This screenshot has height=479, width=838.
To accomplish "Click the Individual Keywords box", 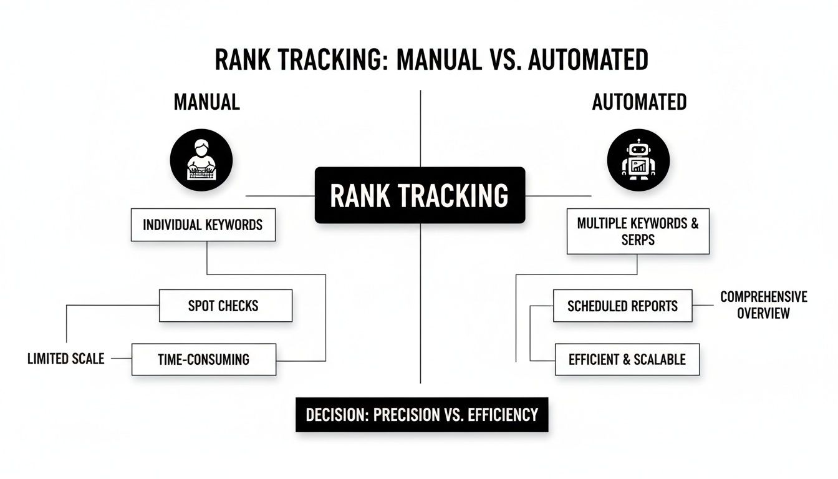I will pos(203,225).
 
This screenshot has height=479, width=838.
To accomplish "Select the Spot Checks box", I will pos(225,306).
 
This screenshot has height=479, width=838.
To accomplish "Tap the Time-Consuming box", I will pos(203,359).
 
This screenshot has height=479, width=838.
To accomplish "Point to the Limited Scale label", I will pos(66,359).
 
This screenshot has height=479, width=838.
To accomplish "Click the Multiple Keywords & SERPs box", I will pos(637,231).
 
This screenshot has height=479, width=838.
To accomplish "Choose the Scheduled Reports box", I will pos(622,306).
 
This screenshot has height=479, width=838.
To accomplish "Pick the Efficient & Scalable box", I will pos(627,359).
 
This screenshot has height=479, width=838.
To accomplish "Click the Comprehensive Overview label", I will pos(763,305).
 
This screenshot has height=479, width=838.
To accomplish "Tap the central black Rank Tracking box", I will pos(420,195).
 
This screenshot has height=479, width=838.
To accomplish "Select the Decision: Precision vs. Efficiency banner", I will pos(421,415).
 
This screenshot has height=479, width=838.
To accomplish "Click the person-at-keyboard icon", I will pos(201,160).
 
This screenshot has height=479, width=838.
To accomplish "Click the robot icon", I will pos(638,160).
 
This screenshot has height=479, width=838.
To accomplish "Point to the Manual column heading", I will pos(206,102).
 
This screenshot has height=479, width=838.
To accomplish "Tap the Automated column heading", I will pos(639,102).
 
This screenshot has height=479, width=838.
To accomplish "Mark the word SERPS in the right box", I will pos(638,239).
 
